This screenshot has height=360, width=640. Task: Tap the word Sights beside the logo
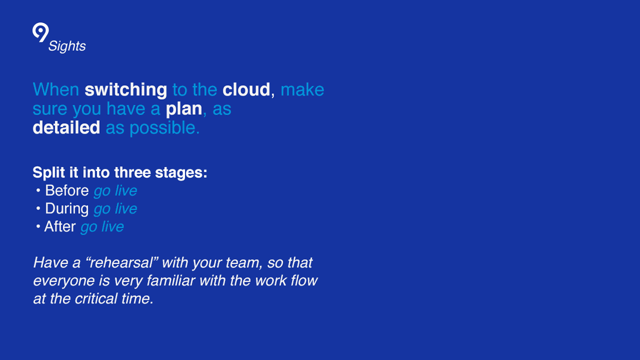tap(67, 46)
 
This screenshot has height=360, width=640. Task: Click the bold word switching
tap(126, 90)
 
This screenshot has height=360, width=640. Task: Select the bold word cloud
tap(246, 90)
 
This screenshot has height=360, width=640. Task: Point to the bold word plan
tap(184, 109)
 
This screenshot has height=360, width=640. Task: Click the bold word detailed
tap(66, 127)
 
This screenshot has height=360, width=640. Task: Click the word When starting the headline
tap(56, 90)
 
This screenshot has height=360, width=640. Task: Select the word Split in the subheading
tap(49, 173)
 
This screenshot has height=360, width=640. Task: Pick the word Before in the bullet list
tap(67, 190)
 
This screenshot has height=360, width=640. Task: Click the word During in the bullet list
tap(67, 209)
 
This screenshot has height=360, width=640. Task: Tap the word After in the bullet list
tap(60, 227)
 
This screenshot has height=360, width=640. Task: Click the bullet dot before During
tap(38, 209)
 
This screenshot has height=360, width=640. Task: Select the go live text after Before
tap(115, 191)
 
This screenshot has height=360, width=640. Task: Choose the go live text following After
tap(102, 227)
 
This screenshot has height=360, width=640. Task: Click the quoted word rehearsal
tap(122, 262)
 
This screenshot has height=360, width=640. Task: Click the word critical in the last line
tap(96, 299)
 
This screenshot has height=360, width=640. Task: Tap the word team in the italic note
tap(243, 263)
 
